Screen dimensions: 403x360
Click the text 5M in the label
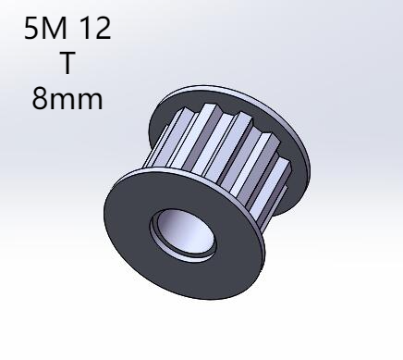[45, 28]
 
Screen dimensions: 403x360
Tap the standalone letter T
[67, 63]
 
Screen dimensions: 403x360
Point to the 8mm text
[67, 99]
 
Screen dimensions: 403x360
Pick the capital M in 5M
[55, 28]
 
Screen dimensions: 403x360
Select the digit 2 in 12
[104, 28]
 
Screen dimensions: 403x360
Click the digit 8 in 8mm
[40, 99]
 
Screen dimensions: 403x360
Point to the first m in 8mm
[63, 101]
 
